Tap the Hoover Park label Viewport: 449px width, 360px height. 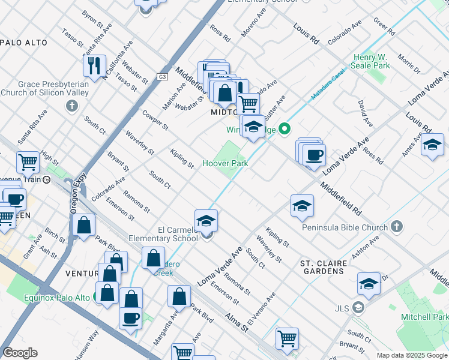tap(224, 163)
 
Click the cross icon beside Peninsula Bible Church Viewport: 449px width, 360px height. tap(396, 226)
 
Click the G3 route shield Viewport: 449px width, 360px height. tap(163, 76)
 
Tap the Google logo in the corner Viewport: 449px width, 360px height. tap(20, 353)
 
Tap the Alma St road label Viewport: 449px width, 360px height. tap(236, 323)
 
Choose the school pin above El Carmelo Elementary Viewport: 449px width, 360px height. tap(206, 220)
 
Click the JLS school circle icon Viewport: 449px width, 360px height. tap(358, 308)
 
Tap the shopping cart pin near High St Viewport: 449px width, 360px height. tap(28, 161)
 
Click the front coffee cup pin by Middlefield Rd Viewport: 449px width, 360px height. tap(313, 155)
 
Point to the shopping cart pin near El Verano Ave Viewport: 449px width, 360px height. tap(287, 338)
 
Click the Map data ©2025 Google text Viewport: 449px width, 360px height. tap(411, 355)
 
